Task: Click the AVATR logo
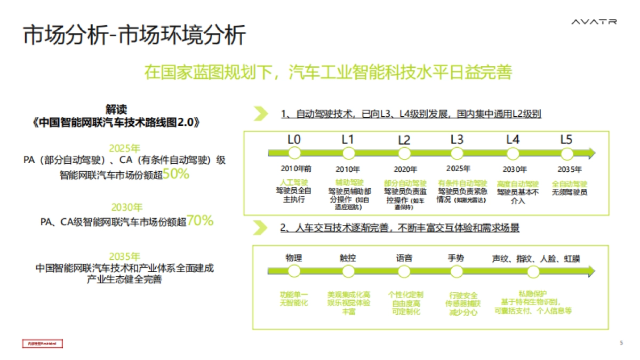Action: point(594,22)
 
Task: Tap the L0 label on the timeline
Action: point(294,140)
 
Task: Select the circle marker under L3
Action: point(457,154)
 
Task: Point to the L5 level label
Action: point(566,140)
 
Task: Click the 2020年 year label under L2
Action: point(405,170)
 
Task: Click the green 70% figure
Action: point(200,220)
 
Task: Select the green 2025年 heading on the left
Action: point(125,148)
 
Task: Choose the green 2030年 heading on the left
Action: point(127,207)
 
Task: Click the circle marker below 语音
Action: point(404,271)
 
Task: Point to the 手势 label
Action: point(455,258)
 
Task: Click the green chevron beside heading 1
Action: point(260,114)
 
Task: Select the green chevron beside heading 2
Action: point(260,228)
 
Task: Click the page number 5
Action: point(621,343)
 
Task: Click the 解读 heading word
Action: point(116,109)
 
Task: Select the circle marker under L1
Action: point(348,154)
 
